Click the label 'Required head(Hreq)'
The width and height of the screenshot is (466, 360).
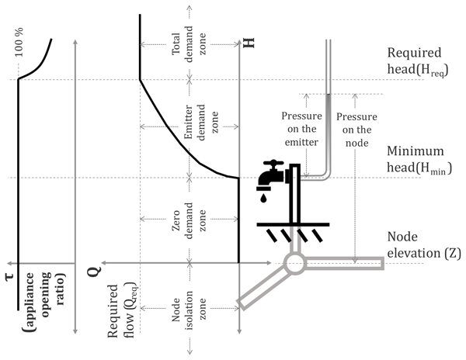coord(423,66)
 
